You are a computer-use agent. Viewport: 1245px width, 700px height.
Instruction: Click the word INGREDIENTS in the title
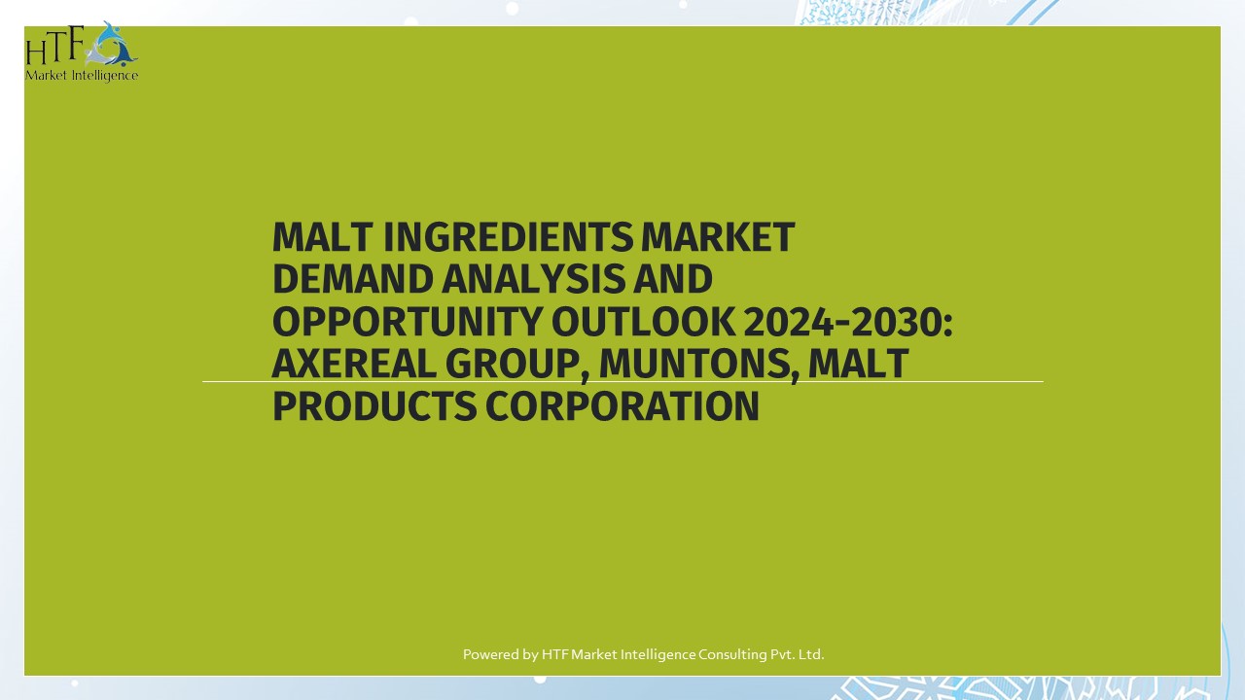tap(504, 237)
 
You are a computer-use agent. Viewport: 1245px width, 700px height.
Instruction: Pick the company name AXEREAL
tap(353, 365)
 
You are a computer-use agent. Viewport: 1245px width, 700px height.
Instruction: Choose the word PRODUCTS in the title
tap(373, 406)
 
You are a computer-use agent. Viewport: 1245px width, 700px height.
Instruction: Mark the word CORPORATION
tap(622, 406)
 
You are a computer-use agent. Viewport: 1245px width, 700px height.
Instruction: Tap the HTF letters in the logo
tap(54, 46)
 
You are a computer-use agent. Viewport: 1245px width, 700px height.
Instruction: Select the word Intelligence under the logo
tap(105, 75)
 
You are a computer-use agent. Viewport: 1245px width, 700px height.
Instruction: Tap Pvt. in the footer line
tap(782, 654)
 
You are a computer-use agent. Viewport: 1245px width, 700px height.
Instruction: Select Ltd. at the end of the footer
tap(811, 654)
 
